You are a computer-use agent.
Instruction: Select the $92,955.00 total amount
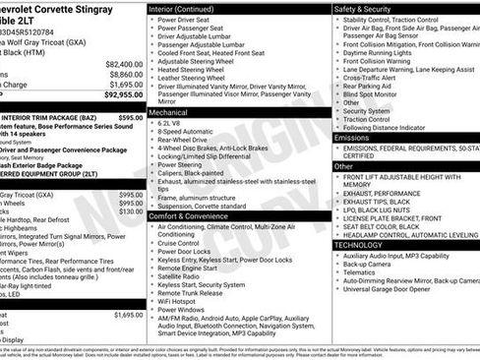tap(123, 95)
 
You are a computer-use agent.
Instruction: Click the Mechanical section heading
tap(174, 112)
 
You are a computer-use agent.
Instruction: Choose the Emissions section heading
tap(352, 138)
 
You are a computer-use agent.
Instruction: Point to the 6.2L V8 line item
tap(177, 123)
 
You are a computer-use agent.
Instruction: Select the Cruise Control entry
tap(187, 240)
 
